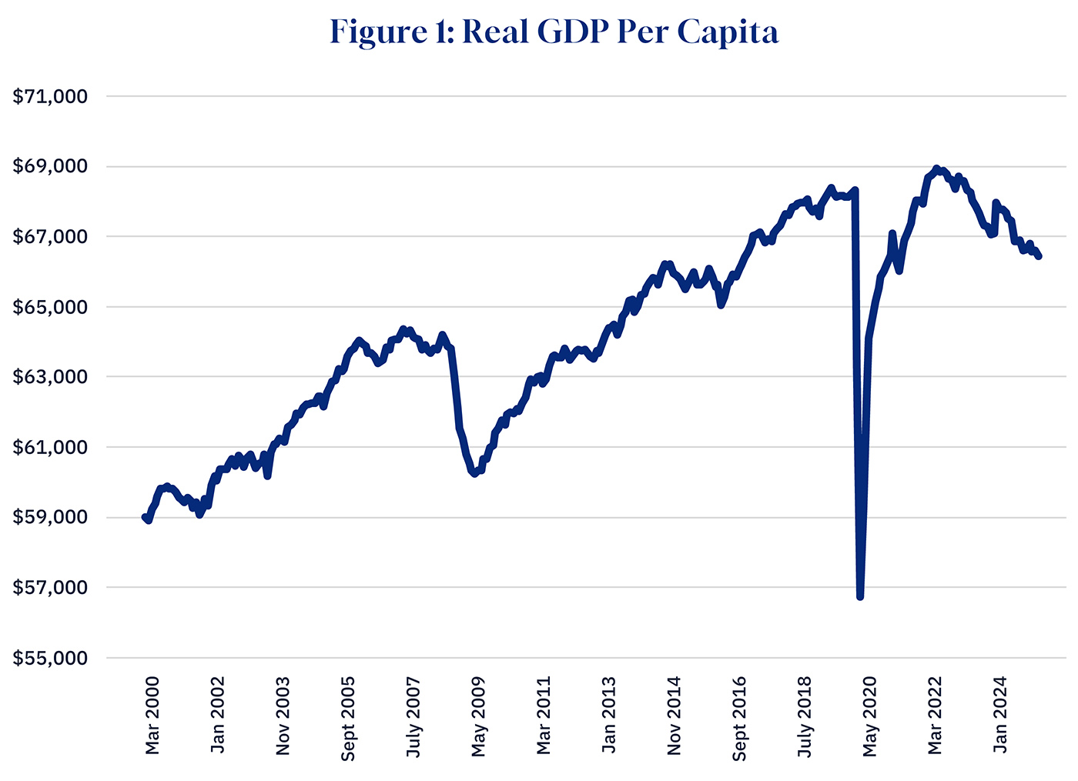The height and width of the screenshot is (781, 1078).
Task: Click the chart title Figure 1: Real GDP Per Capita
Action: pyautogui.click(x=554, y=32)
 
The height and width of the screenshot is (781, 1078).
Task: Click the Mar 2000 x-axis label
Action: pyautogui.click(x=152, y=715)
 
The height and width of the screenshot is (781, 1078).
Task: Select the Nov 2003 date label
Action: pyautogui.click(x=283, y=715)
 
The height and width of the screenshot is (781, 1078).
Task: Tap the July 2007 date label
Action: pyautogui.click(x=413, y=715)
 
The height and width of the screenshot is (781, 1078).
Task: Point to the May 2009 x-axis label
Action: pyautogui.click(x=478, y=715)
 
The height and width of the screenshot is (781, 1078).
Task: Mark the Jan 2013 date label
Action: pyautogui.click(x=609, y=715)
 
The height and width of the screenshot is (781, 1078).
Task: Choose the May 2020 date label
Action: pyautogui.click(x=870, y=715)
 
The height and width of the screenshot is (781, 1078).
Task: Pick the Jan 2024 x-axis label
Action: pyautogui.click(x=1000, y=715)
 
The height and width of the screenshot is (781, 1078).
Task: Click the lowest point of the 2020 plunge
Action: pyautogui.click(x=860, y=596)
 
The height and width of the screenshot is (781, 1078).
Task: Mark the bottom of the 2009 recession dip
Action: pyautogui.click(x=475, y=473)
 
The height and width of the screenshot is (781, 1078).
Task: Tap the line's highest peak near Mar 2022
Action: pyautogui.click(x=936, y=168)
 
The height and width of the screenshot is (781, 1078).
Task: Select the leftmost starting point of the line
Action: pyautogui.click(x=145, y=518)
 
